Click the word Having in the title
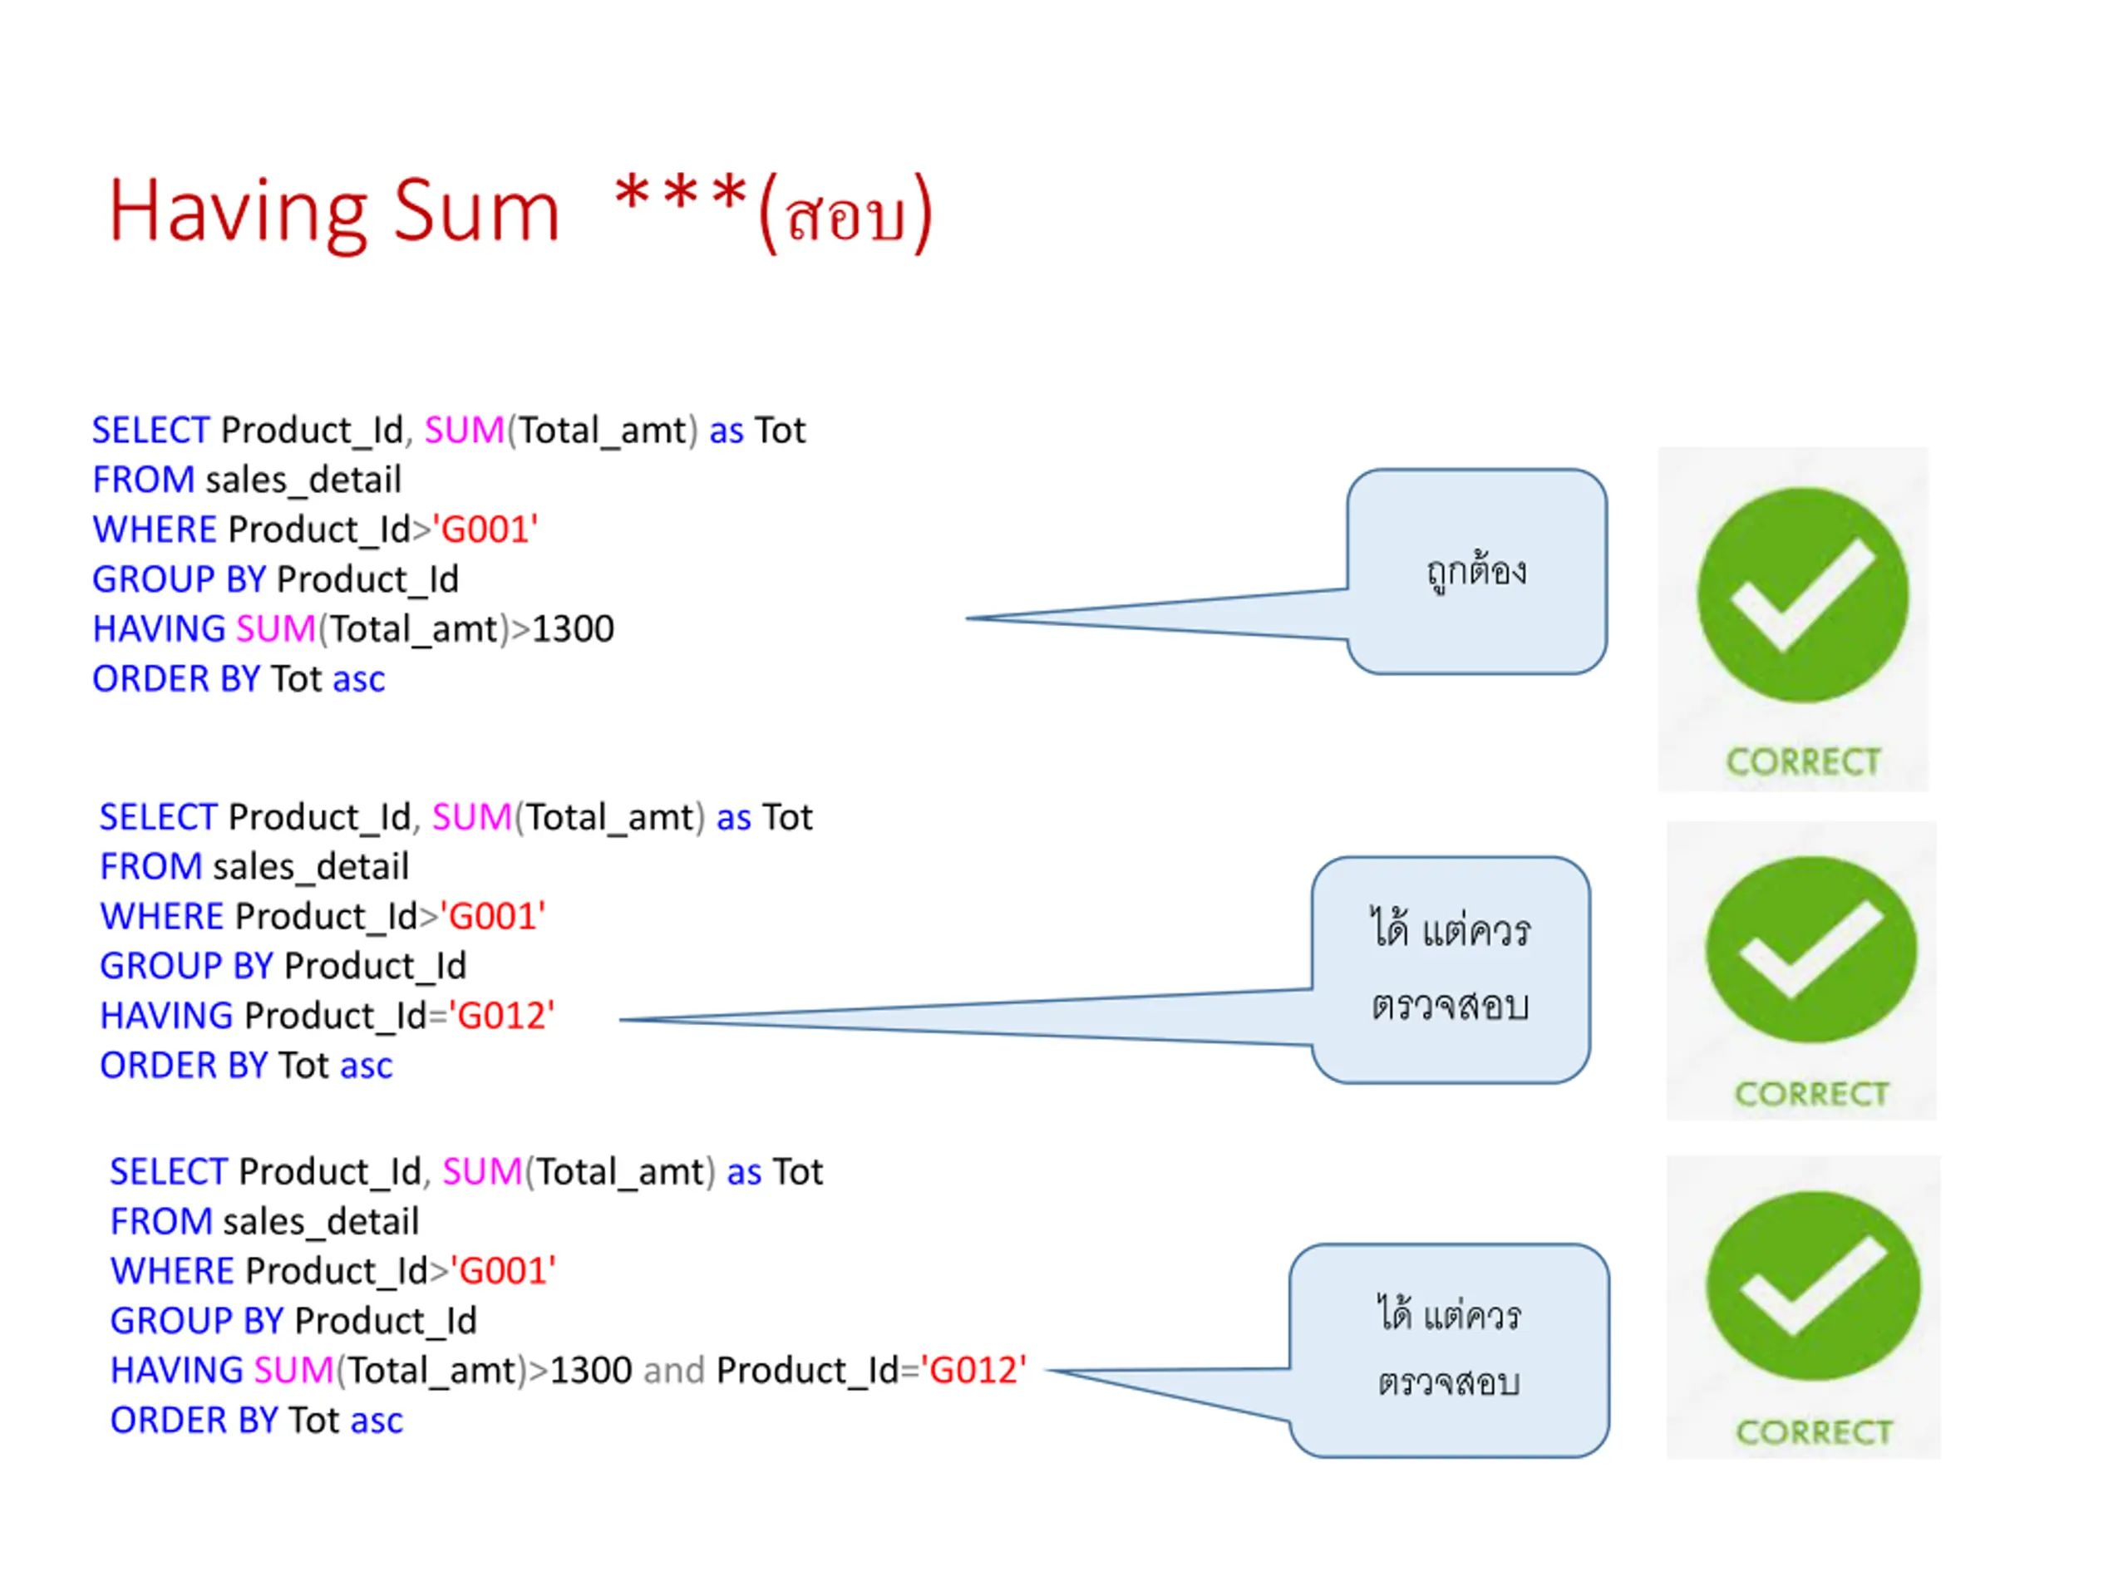237,213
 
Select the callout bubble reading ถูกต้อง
1475,571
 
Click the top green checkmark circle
1802,594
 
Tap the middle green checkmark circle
1810,949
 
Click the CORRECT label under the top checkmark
1803,762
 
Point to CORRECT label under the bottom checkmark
1814,1431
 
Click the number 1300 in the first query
573,629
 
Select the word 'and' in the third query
673,1371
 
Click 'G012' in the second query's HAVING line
501,1016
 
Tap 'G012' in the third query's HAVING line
973,1371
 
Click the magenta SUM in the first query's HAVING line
275,629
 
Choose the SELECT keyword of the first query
150,430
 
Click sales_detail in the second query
310,867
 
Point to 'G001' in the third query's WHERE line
502,1272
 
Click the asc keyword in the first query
358,679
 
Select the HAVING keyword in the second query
166,1016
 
